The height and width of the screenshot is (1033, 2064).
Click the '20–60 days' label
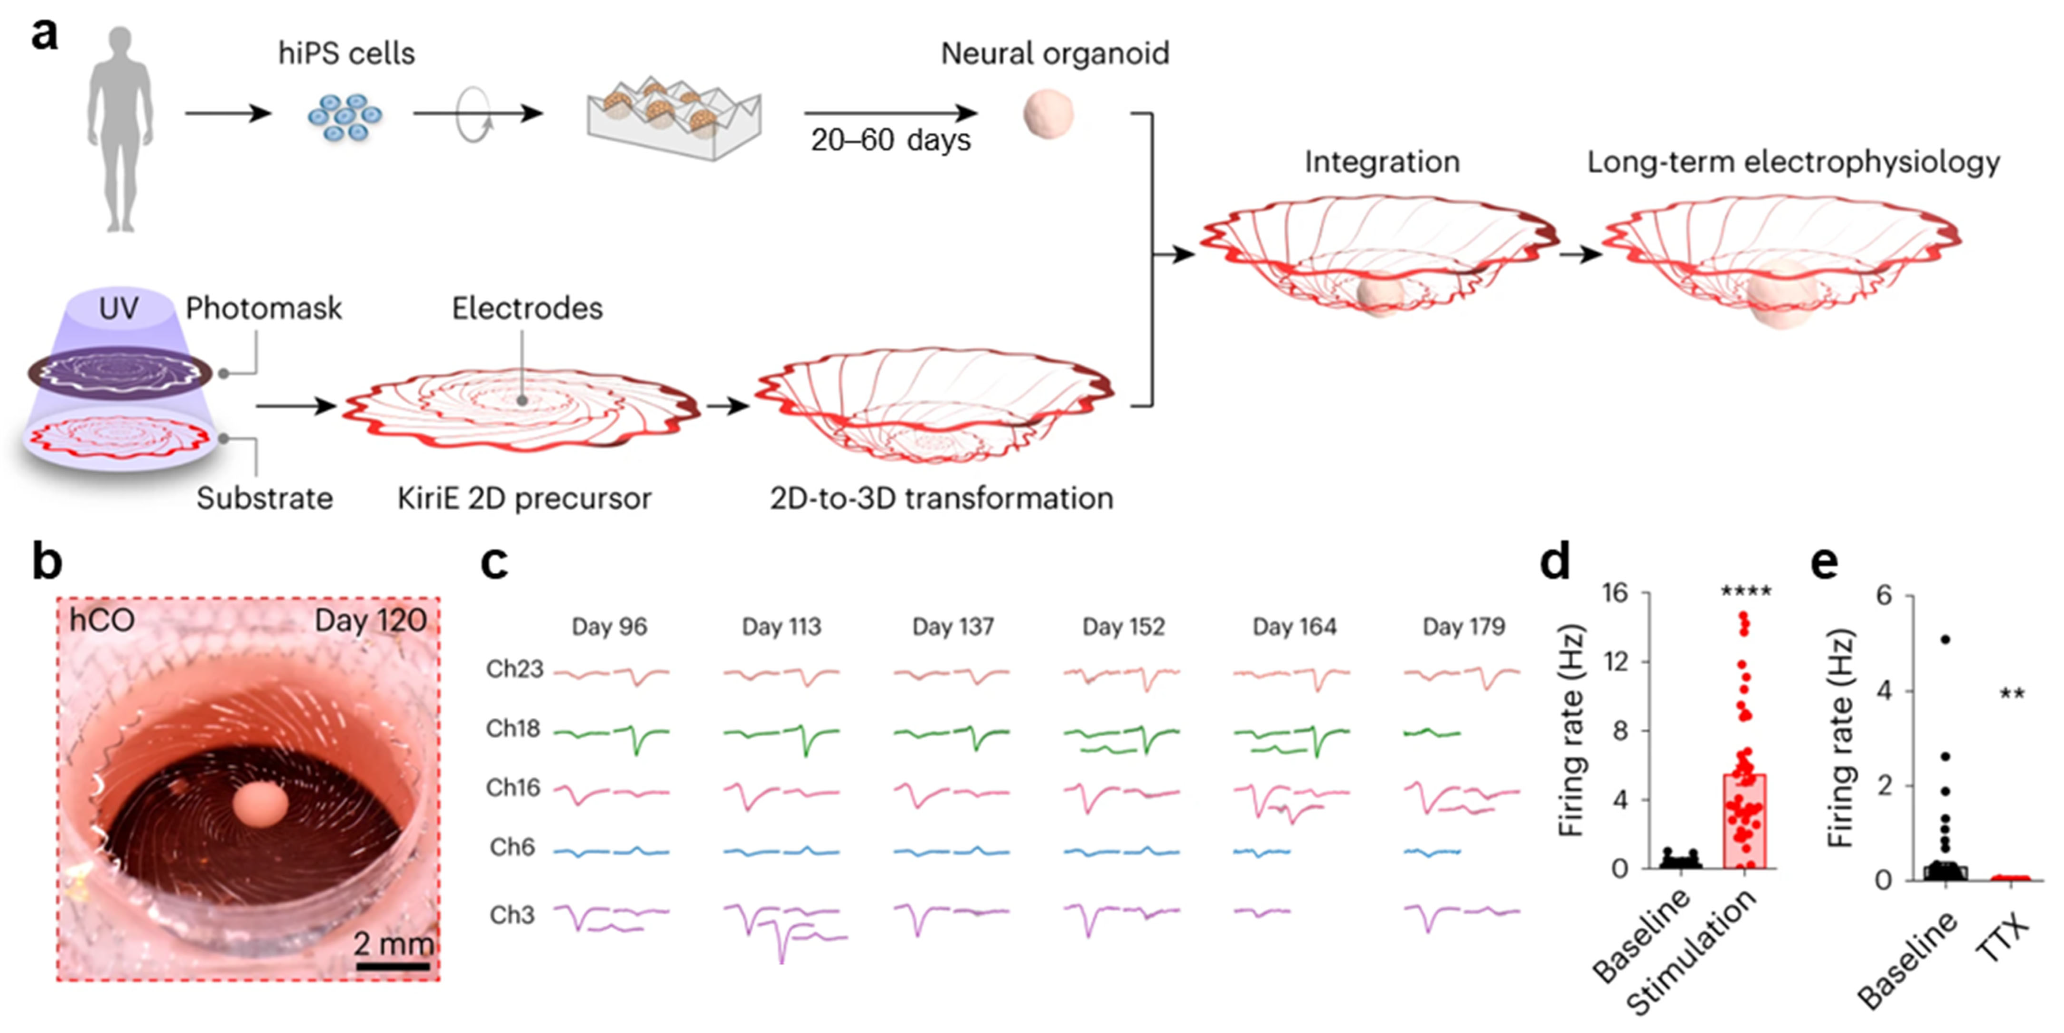pyautogui.click(x=890, y=140)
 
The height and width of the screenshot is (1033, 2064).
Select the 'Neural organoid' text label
pyautogui.click(x=1054, y=54)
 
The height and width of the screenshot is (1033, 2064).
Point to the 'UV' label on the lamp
pyautogui.click(x=119, y=308)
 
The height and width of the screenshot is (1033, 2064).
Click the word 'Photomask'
pyautogui.click(x=264, y=308)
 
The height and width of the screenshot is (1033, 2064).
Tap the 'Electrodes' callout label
pyautogui.click(x=527, y=308)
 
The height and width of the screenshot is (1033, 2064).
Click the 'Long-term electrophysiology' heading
pyautogui.click(x=1793, y=163)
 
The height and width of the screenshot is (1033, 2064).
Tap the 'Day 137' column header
pyautogui.click(x=953, y=627)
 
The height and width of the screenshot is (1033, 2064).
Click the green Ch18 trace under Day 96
pyautogui.click(x=611, y=733)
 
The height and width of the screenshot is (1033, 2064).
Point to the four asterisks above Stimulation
pyautogui.click(x=1746, y=592)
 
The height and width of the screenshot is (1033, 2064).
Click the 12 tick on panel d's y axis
pyautogui.click(x=1619, y=662)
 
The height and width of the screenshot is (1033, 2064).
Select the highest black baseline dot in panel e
pyautogui.click(x=1944, y=639)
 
